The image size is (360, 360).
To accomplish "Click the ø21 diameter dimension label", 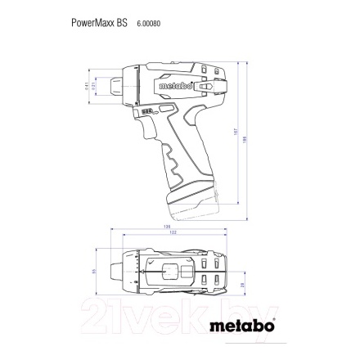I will tap(96, 85).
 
